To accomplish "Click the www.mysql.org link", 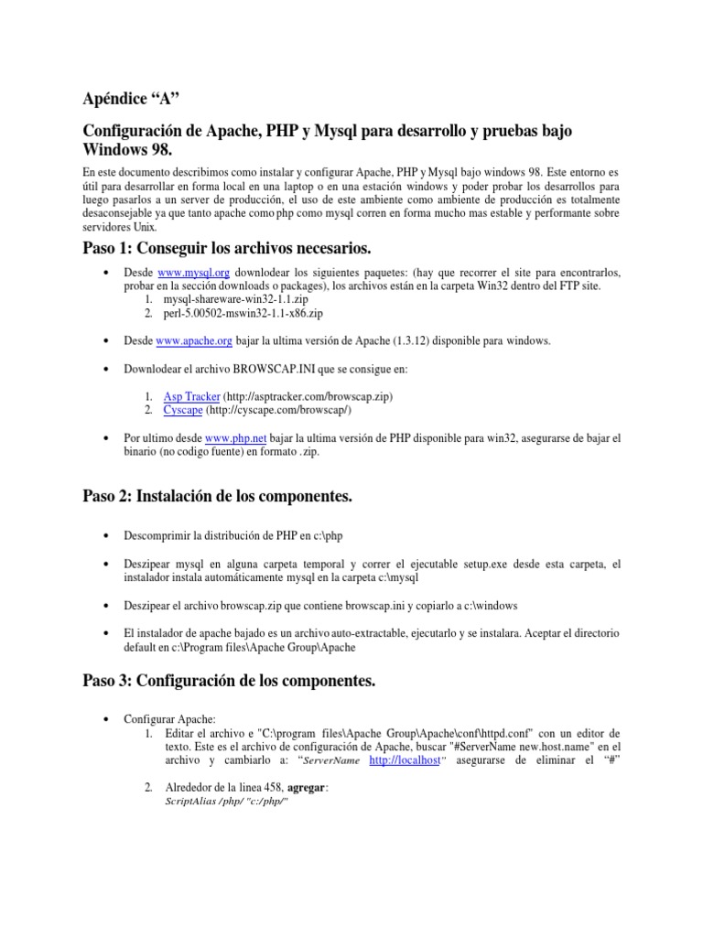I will [x=193, y=272].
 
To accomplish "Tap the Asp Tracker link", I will [x=191, y=395].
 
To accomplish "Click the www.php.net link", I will [x=235, y=438].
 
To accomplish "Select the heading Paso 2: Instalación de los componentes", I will [x=217, y=495].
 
